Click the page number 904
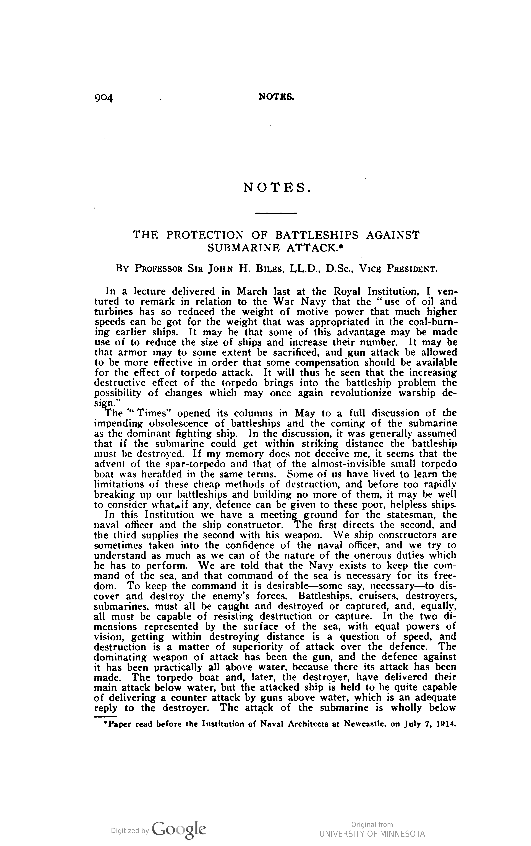pos(104,98)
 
